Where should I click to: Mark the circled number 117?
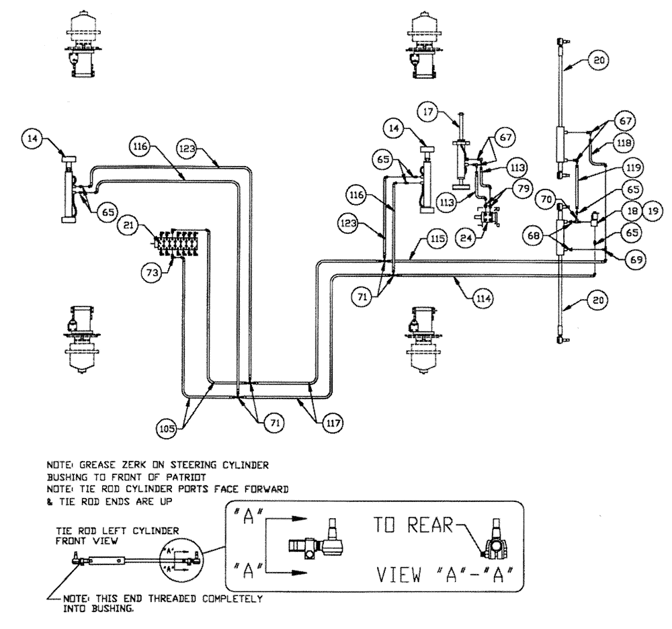point(333,423)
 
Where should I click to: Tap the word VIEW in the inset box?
point(396,575)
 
